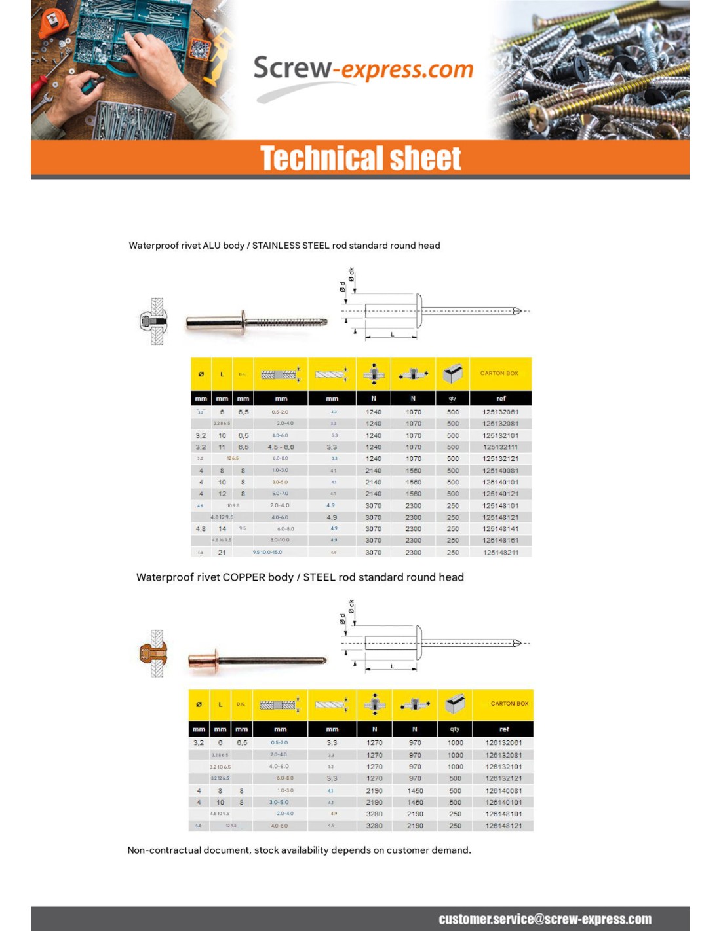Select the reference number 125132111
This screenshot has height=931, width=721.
(x=500, y=447)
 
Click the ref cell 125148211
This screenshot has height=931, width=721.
(x=500, y=553)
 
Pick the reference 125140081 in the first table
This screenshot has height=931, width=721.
(x=500, y=471)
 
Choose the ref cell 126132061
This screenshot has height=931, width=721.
(x=503, y=743)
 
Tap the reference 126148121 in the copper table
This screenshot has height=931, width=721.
(x=503, y=826)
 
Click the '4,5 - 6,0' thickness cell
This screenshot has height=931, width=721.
(x=281, y=447)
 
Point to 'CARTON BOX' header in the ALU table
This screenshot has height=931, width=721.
(x=499, y=373)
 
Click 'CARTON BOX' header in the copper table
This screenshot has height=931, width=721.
(x=509, y=704)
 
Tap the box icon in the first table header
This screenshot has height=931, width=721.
(x=452, y=374)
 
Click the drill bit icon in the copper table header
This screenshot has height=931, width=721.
(x=331, y=704)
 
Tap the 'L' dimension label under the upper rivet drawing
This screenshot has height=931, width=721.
(x=393, y=335)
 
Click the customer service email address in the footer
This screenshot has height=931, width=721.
(x=545, y=919)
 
